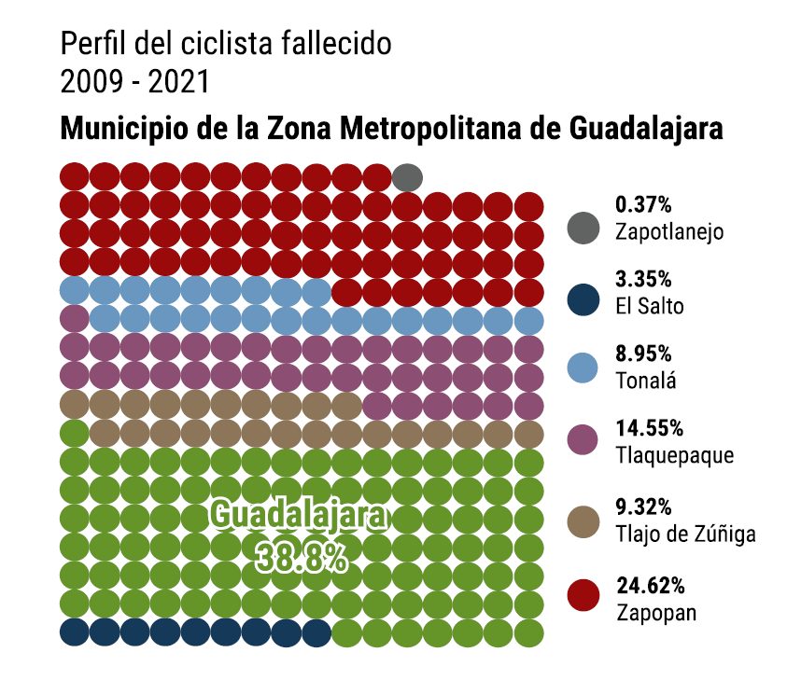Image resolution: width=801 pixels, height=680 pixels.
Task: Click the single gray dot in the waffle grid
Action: (x=407, y=175)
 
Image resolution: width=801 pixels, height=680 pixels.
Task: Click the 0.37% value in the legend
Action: (x=644, y=204)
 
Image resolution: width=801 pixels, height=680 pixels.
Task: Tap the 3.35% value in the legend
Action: (x=644, y=279)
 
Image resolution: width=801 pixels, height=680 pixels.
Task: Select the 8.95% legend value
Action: (x=644, y=354)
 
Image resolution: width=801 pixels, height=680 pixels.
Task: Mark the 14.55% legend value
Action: (x=650, y=429)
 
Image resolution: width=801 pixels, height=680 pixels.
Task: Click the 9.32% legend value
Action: (x=644, y=507)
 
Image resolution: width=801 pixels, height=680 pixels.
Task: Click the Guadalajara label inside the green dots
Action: (x=296, y=516)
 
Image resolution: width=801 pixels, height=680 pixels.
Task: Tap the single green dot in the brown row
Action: (x=74, y=434)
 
